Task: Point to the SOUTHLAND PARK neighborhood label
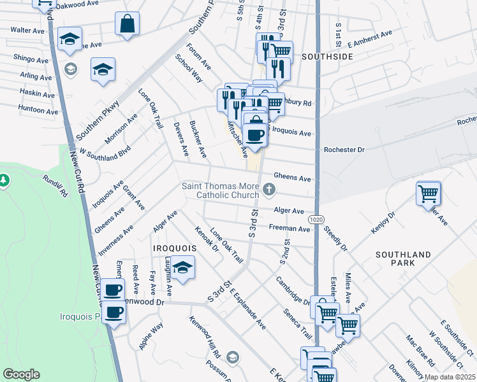coord(403,258)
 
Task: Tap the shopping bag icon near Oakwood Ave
coord(127,24)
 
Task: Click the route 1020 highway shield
coord(316,219)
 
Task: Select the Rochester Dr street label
coord(344,150)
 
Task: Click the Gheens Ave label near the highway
coord(292,177)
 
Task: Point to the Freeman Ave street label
coord(290,227)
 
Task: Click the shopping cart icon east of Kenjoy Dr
coord(428,193)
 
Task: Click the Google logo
coord(21,374)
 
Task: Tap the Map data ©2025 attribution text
coord(450,377)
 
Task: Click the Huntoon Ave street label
coord(38,110)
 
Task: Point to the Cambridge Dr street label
coord(292,291)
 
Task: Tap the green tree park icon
coord(4,181)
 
